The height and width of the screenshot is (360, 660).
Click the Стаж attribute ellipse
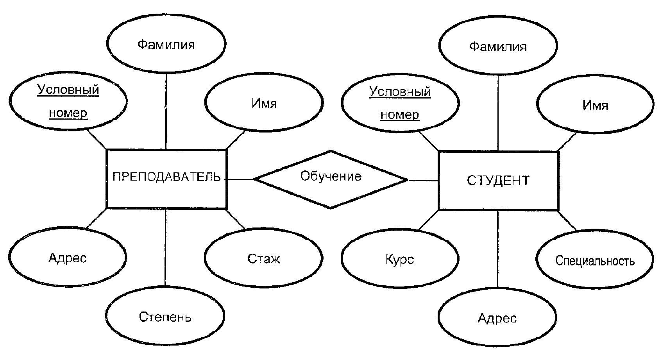point(263,258)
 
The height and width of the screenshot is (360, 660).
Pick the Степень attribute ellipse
point(165,316)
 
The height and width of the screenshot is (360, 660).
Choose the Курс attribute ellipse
point(399,260)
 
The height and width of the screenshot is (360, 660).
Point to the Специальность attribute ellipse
point(595,260)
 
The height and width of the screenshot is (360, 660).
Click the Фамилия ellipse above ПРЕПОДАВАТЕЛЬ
point(166,45)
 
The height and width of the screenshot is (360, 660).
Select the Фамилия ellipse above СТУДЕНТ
point(497,47)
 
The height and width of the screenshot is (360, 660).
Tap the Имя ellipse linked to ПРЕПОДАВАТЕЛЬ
point(264,104)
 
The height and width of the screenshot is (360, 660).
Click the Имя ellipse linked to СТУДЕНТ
point(595,105)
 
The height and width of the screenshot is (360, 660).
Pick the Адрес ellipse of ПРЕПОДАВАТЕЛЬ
point(67,258)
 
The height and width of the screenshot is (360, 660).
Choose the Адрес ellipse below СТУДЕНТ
point(497,318)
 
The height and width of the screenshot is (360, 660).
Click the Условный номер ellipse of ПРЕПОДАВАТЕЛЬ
point(68,102)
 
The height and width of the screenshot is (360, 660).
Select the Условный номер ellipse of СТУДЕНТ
point(400,104)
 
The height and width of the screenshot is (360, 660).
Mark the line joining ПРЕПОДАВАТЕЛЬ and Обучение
point(240,179)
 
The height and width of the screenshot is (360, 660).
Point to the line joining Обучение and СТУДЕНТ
point(423,180)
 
